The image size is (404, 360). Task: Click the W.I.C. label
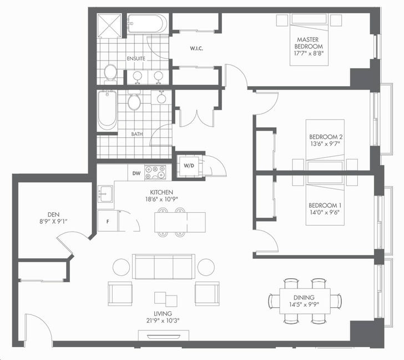196,48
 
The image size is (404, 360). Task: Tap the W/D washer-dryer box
189,166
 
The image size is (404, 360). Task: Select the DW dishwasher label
137,173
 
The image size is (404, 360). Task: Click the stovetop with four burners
155,172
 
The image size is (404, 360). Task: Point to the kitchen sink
105,193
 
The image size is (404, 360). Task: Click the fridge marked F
108,221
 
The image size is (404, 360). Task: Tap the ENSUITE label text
136,58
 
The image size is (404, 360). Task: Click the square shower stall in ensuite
109,26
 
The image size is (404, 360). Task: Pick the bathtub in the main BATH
107,111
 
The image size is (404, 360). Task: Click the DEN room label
54,214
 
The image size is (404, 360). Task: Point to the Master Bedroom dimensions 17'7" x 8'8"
309,53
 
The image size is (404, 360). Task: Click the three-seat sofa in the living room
164,267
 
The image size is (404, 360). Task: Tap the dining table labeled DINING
305,301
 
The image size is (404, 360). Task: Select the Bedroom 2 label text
326,137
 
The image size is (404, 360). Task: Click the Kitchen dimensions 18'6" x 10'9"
161,199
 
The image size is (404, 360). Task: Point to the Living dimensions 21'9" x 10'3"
163,321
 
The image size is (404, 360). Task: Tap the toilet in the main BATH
134,101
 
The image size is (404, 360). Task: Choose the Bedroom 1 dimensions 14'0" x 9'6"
325,212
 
